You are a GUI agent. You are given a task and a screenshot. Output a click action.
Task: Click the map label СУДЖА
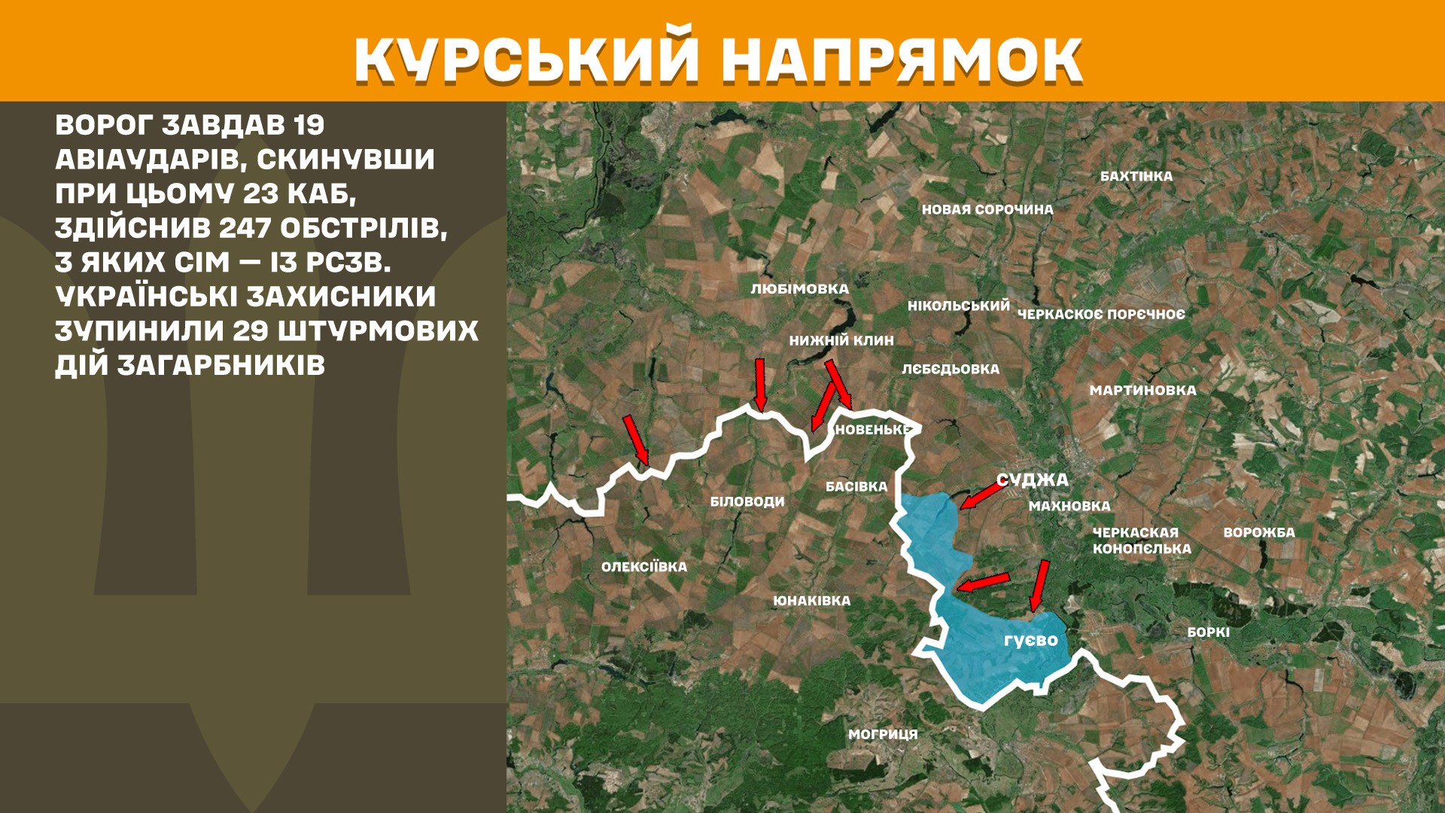1032,480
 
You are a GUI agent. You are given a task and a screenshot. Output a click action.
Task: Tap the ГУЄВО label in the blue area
1030,640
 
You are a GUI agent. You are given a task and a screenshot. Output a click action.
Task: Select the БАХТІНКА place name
1136,176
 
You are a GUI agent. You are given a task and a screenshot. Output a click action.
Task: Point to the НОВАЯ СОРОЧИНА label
987,209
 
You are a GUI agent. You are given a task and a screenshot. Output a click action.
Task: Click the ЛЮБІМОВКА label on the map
799,289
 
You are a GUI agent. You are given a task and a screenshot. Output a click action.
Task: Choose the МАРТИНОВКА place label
1142,390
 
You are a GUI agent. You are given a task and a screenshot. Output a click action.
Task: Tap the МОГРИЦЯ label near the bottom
882,734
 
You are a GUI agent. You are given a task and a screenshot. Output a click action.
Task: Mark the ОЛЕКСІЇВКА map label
643,567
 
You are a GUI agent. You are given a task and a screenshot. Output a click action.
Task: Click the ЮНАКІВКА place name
811,601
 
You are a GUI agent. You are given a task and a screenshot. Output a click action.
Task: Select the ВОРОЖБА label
1258,532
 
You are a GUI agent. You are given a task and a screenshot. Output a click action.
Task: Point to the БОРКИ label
1208,632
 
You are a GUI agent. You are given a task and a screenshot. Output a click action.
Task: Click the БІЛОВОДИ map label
747,501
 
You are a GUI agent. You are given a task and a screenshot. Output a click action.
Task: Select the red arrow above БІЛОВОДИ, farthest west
636,440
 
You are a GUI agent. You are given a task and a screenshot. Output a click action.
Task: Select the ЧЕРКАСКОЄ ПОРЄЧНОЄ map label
1100,314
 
